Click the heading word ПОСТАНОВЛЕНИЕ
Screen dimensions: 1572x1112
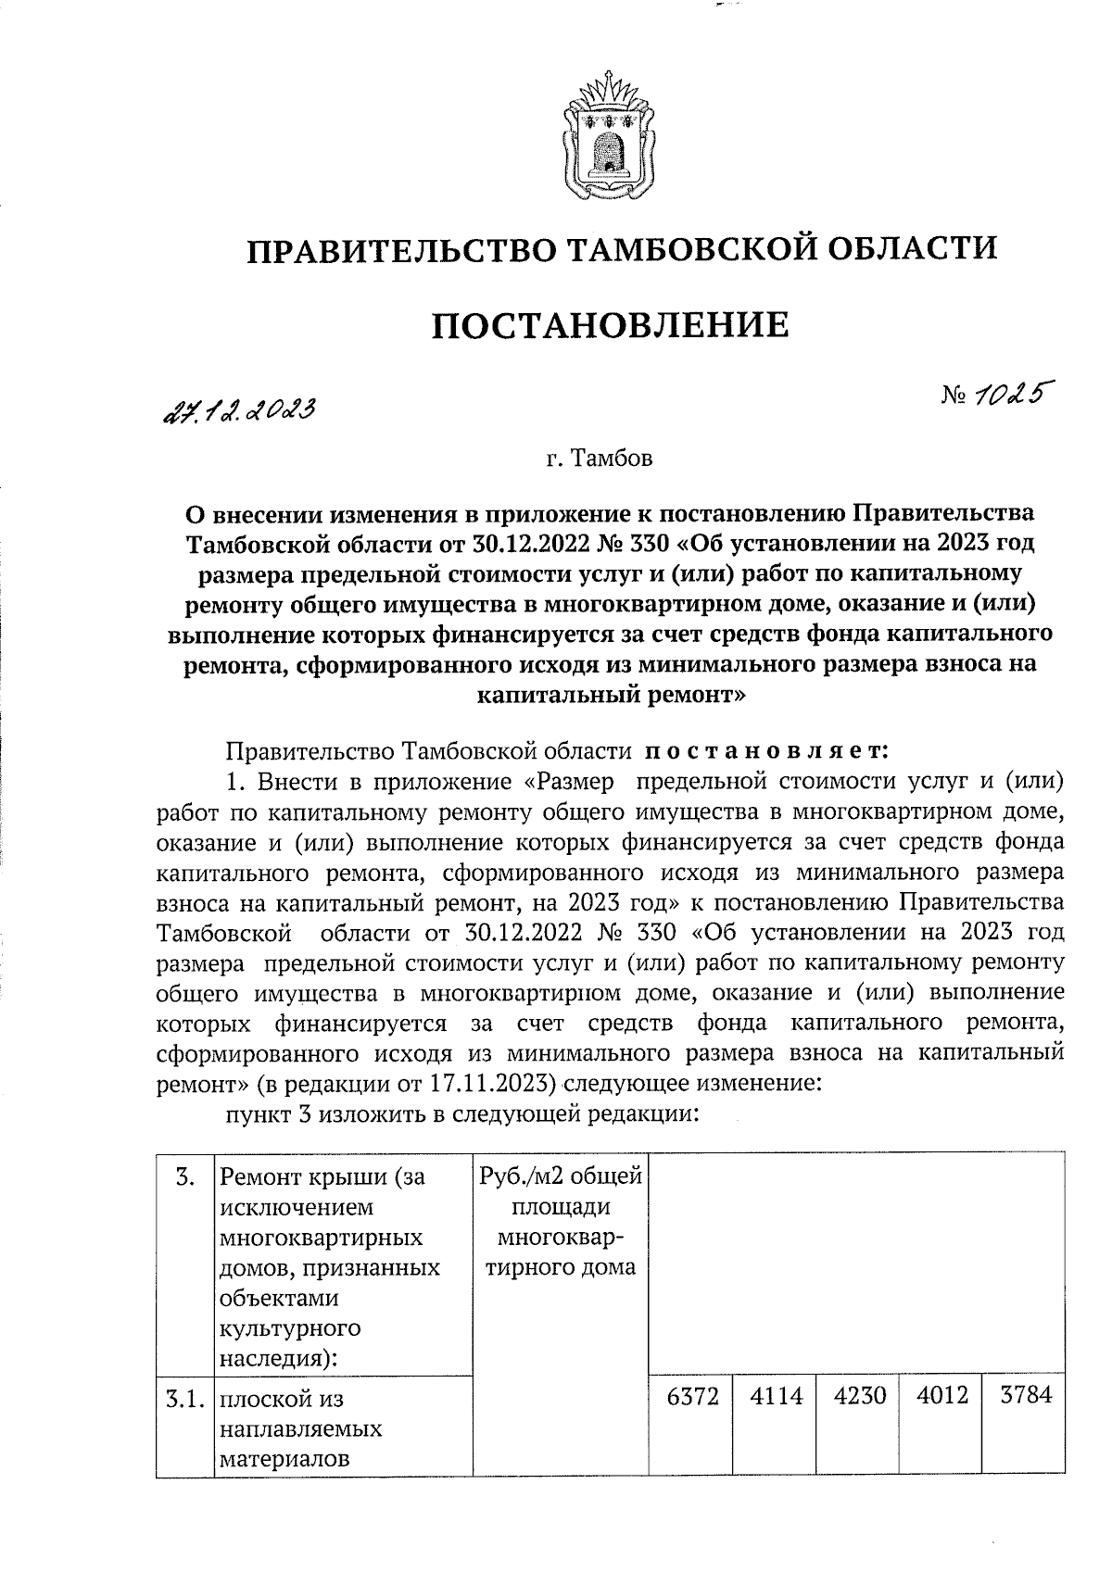click(612, 325)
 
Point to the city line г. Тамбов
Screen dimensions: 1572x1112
click(600, 459)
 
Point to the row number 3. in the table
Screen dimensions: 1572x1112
click(184, 1178)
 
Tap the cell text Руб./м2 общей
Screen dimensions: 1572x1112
click(561, 1177)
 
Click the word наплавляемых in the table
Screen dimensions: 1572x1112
click(301, 1428)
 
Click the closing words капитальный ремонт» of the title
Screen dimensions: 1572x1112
click(612, 695)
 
